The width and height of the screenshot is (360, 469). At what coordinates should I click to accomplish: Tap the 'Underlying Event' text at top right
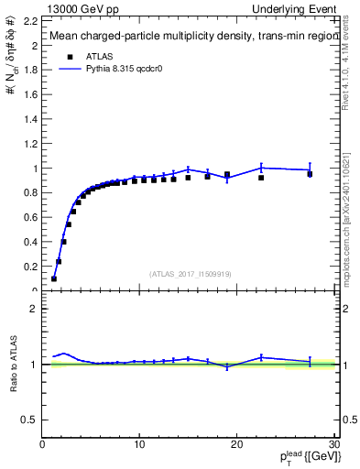pyautogui.click(x=299, y=8)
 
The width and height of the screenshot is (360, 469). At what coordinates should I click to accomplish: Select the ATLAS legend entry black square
pyautogui.click(x=69, y=56)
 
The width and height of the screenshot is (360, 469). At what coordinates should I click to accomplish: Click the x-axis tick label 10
pyautogui.click(x=139, y=445)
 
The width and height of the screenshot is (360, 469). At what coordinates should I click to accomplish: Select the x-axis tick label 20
pyautogui.click(x=236, y=445)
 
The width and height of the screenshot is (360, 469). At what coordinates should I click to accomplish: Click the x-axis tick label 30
pyautogui.click(x=333, y=445)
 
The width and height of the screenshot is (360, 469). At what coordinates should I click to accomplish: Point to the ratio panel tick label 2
pyautogui.click(x=36, y=310)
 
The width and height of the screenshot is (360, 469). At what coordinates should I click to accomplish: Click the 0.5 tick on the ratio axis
pyautogui.click(x=33, y=420)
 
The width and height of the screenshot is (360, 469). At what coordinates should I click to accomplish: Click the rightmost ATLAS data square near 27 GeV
pyautogui.click(x=310, y=174)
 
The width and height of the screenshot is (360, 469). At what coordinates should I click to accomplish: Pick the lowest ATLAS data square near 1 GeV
pyautogui.click(x=54, y=278)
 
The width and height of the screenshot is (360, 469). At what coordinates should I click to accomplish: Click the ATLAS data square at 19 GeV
pyautogui.click(x=227, y=174)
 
